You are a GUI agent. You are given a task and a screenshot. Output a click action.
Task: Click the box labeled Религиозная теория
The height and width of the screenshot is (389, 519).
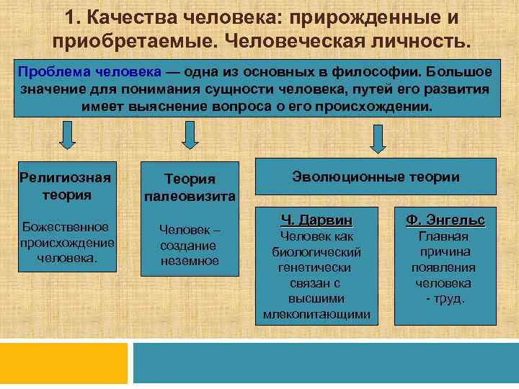pos(66,186)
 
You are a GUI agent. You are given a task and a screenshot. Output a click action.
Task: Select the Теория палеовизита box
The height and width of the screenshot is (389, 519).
pos(189,187)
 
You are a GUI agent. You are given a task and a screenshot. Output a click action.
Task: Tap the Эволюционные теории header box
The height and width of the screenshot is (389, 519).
pos(375,176)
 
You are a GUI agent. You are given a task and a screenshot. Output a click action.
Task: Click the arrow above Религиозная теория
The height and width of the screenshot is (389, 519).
pos(66,135)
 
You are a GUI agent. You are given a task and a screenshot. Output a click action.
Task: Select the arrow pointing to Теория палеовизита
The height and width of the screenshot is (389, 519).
pos(189,135)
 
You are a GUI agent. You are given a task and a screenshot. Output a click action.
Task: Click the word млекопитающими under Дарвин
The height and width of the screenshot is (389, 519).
pos(316,314)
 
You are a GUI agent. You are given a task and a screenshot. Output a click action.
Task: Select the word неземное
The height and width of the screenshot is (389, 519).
pos(190,261)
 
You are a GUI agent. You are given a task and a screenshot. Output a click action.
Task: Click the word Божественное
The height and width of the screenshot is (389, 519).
pos(66,227)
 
